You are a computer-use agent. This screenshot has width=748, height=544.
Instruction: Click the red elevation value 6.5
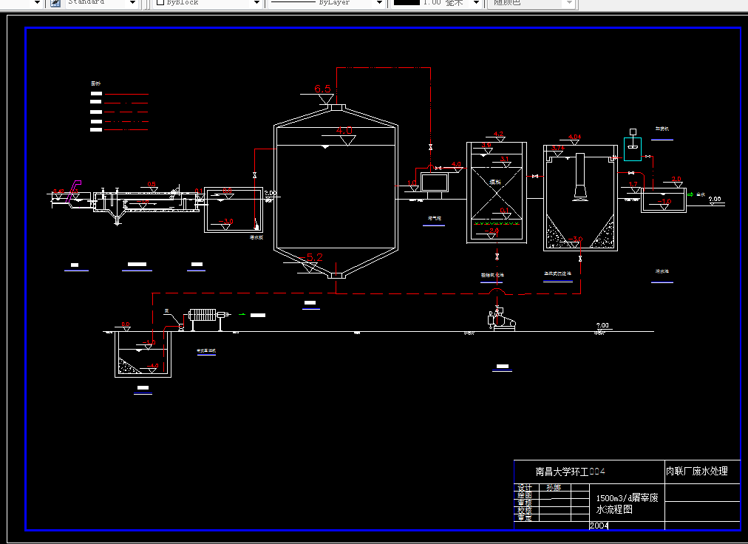(x=323, y=89)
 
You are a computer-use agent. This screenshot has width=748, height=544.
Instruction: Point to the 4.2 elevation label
(x=498, y=135)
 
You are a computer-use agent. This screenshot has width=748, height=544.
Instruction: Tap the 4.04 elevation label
(x=575, y=137)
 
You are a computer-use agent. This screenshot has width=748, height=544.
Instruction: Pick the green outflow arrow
(x=690, y=195)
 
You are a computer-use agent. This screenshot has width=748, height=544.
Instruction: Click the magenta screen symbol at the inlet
(x=74, y=188)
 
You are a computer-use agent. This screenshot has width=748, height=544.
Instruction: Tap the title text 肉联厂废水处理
(x=696, y=471)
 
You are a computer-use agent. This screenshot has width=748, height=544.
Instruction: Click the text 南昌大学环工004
(x=571, y=472)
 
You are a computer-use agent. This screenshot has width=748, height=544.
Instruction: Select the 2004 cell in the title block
(x=599, y=526)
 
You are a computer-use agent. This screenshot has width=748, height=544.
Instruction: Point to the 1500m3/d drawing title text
(x=627, y=503)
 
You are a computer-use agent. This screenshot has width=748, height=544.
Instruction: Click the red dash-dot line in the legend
(x=126, y=121)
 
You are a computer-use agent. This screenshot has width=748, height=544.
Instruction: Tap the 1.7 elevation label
(x=633, y=184)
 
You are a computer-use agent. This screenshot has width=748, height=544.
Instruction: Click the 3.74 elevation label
(x=559, y=148)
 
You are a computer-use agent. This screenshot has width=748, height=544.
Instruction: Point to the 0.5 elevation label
(x=152, y=183)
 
